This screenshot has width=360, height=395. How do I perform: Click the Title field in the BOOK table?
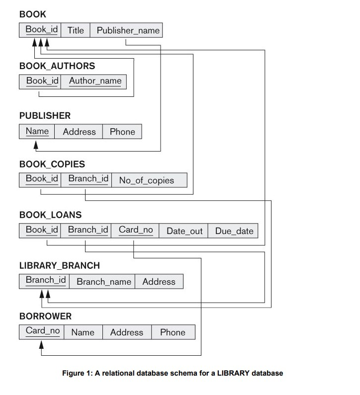tap(76, 30)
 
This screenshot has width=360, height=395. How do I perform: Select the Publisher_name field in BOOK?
tap(128, 30)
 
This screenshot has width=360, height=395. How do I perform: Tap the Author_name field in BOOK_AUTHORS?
tap(95, 81)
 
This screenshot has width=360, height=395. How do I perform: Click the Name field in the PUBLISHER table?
tap(37, 131)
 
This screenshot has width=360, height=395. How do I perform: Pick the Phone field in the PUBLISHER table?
tap(122, 132)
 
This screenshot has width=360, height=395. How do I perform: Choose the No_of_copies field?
tap(147, 180)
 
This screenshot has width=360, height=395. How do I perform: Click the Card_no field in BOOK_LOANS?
tap(136, 230)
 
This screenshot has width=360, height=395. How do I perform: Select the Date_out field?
tap(184, 231)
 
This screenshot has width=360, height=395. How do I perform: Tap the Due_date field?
tap(234, 231)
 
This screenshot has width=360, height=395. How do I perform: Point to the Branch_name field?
tap(104, 282)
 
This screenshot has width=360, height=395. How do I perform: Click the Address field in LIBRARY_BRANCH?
tap(159, 282)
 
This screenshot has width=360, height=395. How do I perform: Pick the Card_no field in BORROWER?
tap(43, 331)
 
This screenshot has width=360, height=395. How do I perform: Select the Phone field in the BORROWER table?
tap(173, 332)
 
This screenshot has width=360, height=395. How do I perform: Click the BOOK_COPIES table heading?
tap(52, 164)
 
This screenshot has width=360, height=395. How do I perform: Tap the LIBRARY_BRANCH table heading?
tap(60, 265)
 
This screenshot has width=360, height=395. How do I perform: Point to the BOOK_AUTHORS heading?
tap(57, 66)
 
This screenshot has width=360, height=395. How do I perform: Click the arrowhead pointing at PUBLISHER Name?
tap(36, 145)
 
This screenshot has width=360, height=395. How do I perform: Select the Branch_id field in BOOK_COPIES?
tap(88, 179)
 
